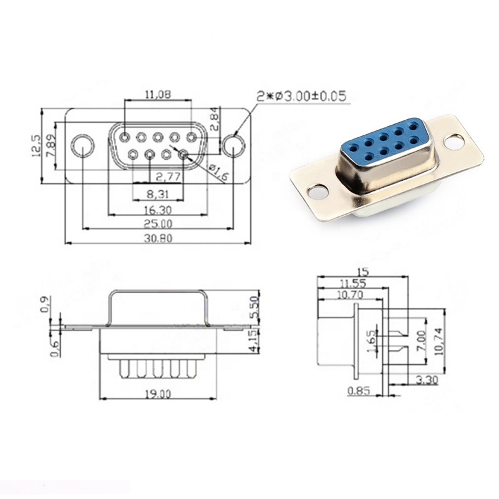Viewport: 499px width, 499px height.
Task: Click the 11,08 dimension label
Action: pyautogui.click(x=158, y=94)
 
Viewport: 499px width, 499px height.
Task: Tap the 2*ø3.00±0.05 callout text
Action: pyautogui.click(x=301, y=96)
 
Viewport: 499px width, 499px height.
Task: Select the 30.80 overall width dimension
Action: pyautogui.click(x=158, y=238)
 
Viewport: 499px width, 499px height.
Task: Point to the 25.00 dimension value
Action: pyautogui.click(x=158, y=224)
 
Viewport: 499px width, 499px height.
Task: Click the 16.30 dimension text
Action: pyautogui.click(x=158, y=210)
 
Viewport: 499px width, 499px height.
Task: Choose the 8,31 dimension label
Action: pyautogui.click(x=158, y=194)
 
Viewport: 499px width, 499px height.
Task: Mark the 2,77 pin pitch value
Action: pyautogui.click(x=168, y=177)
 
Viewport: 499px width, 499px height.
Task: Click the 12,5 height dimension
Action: pyautogui.click(x=36, y=145)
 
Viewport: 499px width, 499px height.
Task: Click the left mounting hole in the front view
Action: pyautogui.click(x=82, y=146)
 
